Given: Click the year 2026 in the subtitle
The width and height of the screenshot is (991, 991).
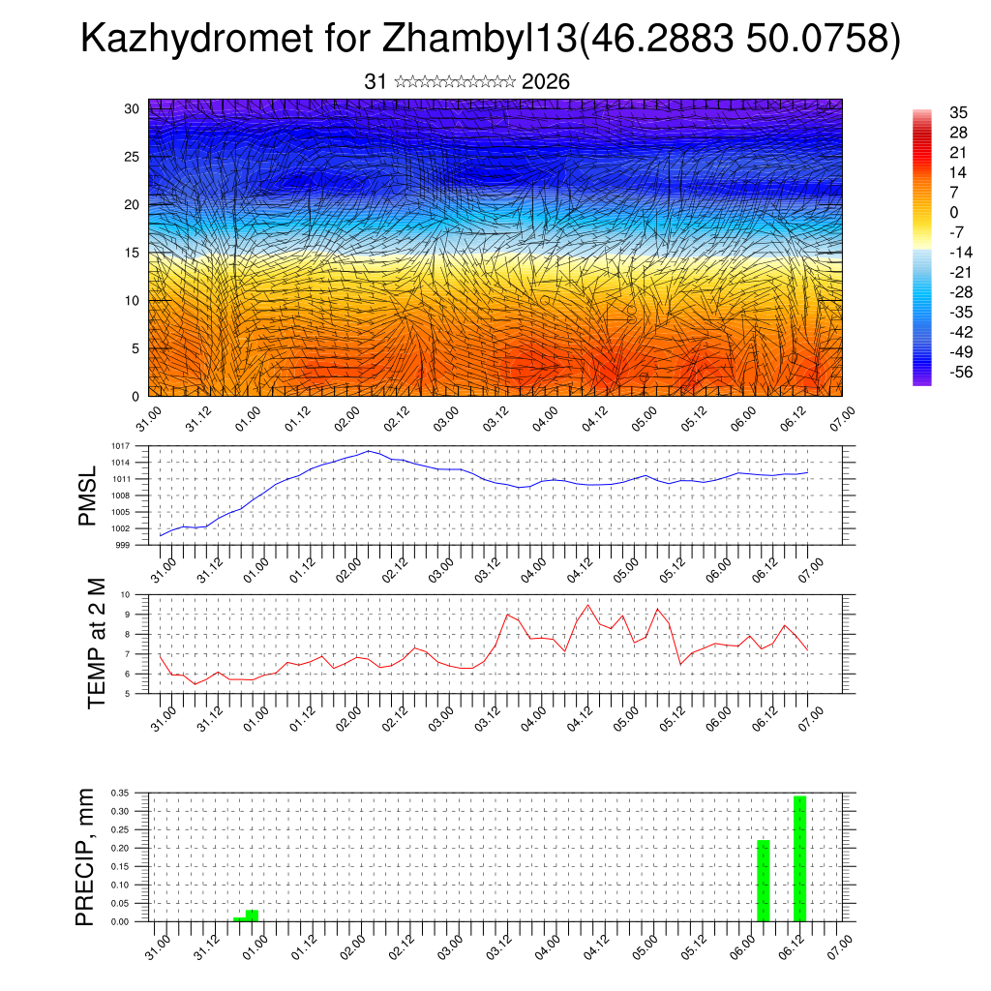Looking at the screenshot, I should pos(546,82).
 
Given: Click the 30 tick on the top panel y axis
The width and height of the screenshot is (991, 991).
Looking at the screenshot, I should pos(132,108).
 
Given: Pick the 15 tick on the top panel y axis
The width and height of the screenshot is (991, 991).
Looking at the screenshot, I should pos(132,253).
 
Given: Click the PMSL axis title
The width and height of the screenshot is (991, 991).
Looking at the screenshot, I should pos(88,496).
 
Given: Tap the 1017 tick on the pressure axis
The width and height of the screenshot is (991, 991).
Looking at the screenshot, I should pos(121,446).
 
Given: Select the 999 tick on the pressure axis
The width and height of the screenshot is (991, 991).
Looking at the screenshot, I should pos(123,545).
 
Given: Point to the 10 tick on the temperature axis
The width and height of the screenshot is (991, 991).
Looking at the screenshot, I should pos(126,594).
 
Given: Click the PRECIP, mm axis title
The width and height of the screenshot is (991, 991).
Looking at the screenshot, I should pos(87,856).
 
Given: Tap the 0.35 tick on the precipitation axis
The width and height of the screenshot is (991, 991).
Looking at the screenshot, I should pos(119,793).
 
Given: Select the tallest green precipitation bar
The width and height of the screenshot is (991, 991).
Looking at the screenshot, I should pos(799,857).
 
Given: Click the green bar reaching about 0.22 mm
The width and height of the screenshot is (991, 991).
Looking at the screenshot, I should pos(763,881).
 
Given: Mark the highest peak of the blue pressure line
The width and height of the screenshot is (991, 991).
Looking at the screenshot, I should pos(369,451).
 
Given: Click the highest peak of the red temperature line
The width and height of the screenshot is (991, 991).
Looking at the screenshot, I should pos(587,605).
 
